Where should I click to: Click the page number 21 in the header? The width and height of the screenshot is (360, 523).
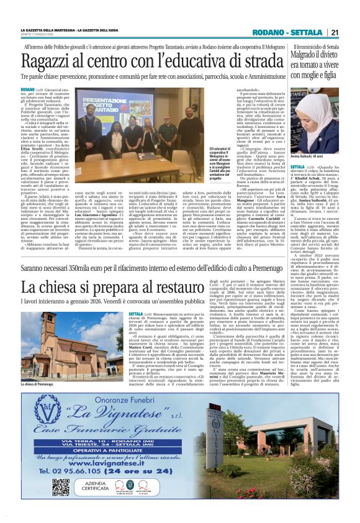click(x=335, y=32)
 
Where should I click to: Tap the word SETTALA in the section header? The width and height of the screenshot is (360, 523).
click(x=308, y=32)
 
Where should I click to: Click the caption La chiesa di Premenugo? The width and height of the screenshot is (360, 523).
click(x=40, y=385)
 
